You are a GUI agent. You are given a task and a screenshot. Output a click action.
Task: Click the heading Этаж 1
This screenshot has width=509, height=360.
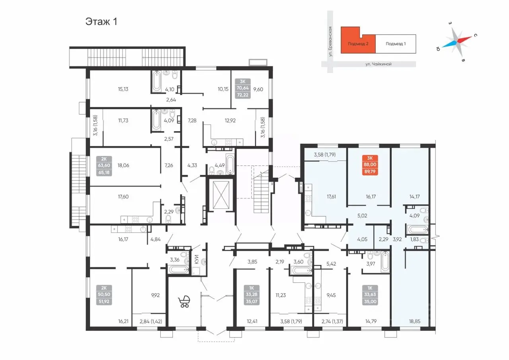pyautogui.click(x=101, y=21)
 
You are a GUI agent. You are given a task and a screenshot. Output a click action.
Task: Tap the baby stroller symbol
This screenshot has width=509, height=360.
pyautogui.click(x=184, y=302)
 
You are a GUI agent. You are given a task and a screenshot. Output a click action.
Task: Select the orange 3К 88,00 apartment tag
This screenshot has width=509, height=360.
pyautogui.click(x=370, y=165)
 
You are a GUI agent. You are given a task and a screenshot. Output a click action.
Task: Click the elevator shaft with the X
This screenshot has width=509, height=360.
pyautogui.click(x=221, y=195)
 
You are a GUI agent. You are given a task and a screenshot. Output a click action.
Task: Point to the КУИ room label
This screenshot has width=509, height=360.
pyautogui.click(x=197, y=259)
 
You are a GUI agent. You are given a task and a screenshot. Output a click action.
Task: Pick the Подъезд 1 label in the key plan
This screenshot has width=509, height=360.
pyautogui.click(x=396, y=44)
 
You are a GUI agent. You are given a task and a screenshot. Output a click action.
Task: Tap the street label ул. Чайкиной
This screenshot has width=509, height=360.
pyautogui.click(x=378, y=64)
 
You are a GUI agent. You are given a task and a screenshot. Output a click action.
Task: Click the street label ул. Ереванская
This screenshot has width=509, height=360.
pyautogui.click(x=330, y=42)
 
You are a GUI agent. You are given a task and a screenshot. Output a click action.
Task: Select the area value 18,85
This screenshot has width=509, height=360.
pyautogui.click(x=414, y=321)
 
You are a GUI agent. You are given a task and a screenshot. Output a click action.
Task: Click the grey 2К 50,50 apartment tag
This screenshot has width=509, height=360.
pyautogui.click(x=104, y=294)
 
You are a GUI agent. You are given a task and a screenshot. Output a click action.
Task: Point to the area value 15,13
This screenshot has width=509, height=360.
pyautogui.click(x=123, y=89)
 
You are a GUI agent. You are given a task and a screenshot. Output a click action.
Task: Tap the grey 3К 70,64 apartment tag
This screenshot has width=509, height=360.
pyautogui.click(x=243, y=88)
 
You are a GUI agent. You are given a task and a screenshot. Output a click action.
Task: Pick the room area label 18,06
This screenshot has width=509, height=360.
pyautogui.click(x=123, y=165)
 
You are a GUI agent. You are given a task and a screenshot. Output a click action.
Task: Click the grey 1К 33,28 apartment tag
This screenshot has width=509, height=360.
pyautogui.click(x=251, y=294)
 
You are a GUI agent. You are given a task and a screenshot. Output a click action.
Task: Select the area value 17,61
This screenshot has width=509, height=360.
pyautogui.click(x=331, y=197)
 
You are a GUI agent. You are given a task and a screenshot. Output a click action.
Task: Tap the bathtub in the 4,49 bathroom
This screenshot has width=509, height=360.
pyautogui.click(x=230, y=164)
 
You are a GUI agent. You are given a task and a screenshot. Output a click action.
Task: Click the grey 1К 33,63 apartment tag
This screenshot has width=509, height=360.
pyautogui.click(x=370, y=294)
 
